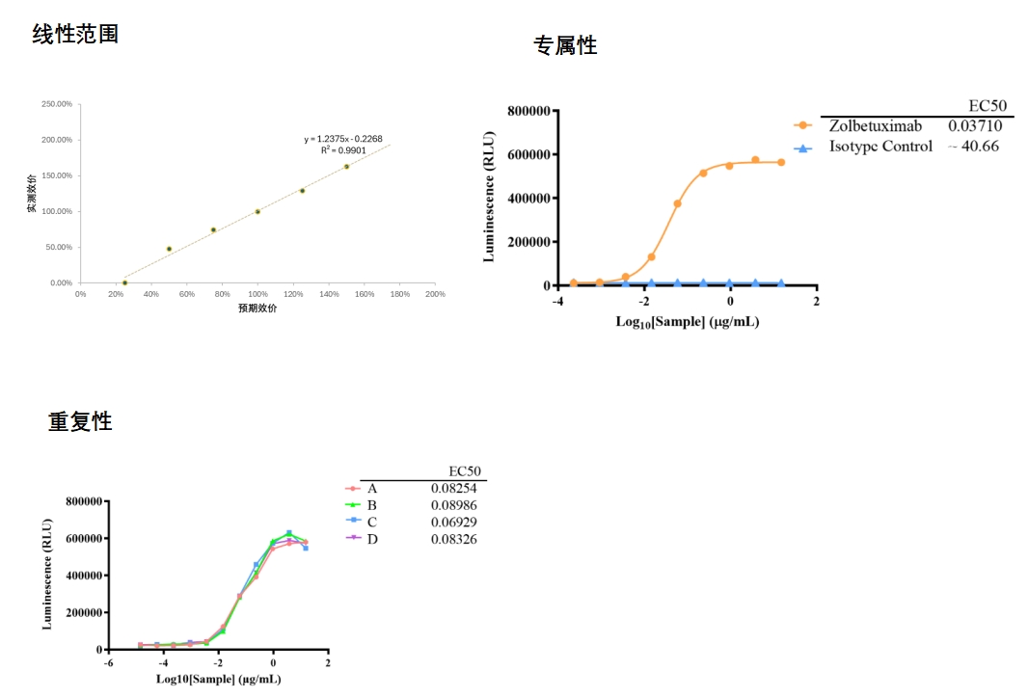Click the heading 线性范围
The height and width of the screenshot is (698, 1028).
(76, 35)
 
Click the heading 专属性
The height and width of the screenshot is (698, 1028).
(565, 45)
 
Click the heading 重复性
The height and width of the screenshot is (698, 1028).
(80, 421)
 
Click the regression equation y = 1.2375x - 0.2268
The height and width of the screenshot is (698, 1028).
(342, 139)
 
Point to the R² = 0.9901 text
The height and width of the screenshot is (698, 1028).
(343, 150)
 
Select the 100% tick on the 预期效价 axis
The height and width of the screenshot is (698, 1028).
(257, 294)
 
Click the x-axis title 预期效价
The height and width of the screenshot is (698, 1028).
(257, 309)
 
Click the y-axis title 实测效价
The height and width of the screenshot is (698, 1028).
(32, 193)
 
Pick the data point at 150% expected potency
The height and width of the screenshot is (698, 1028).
(346, 167)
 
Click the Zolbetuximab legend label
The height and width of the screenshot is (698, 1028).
(876, 126)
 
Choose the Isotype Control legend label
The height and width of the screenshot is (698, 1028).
(880, 147)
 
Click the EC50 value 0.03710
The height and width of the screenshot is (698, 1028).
(975, 126)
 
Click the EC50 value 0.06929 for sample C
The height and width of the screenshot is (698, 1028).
(453, 522)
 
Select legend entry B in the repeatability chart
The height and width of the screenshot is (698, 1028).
(371, 505)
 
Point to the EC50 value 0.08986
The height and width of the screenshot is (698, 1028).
(453, 505)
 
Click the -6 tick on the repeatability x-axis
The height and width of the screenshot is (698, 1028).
(108, 664)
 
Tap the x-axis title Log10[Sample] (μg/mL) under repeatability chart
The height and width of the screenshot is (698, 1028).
(218, 680)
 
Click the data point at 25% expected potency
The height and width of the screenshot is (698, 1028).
(124, 282)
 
